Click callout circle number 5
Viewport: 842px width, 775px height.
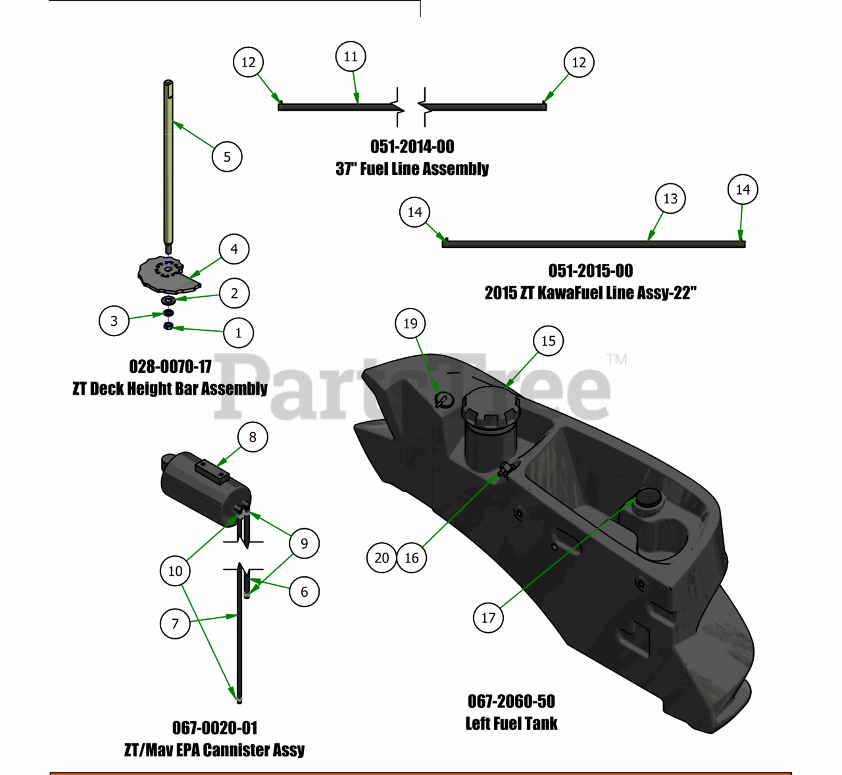(227, 157)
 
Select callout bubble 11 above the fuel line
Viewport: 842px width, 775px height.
(351, 57)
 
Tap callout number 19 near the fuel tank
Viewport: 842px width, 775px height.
(410, 323)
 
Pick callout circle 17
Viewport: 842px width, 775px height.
(488, 618)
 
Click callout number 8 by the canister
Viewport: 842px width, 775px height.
(253, 437)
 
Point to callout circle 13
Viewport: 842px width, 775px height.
(670, 199)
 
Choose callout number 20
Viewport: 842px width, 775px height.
(382, 558)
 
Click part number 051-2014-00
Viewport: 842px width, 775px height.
(412, 147)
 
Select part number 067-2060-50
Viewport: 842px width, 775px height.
(511, 701)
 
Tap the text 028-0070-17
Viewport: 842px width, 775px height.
(170, 366)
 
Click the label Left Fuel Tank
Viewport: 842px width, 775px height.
(511, 724)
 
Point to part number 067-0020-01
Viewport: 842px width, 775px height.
(214, 728)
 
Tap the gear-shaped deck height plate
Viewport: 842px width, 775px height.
(164, 274)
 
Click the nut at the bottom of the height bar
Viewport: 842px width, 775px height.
(168, 326)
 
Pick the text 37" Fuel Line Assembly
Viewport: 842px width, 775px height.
(412, 169)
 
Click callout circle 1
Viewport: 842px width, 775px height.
(238, 333)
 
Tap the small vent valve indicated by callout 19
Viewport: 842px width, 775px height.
(444, 399)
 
